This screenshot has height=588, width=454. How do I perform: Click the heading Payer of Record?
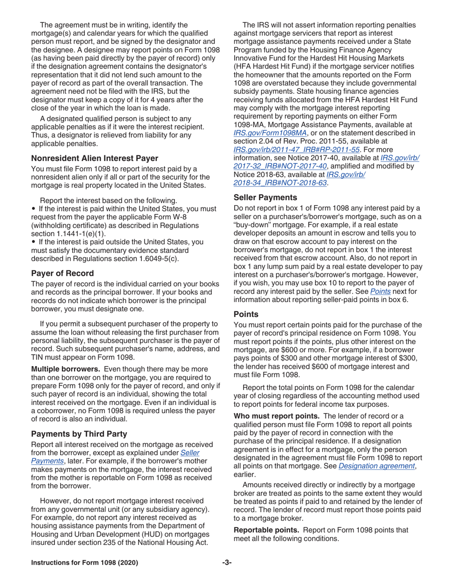[x=62, y=273]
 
